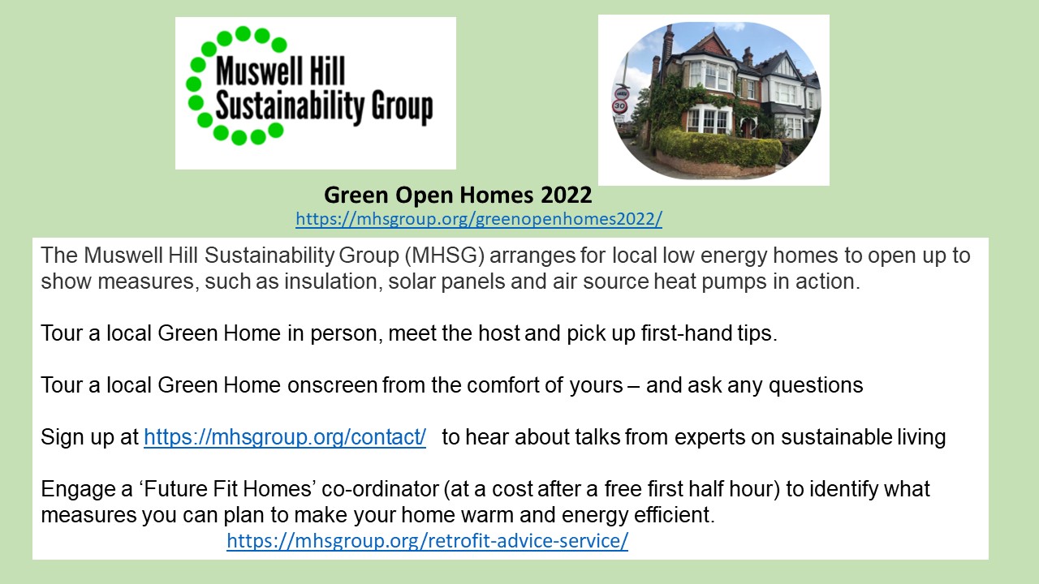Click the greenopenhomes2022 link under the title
[x=479, y=219]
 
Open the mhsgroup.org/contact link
[x=285, y=437]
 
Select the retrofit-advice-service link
[x=427, y=542]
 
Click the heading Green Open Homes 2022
[x=458, y=195]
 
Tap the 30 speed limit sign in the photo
[x=620, y=105]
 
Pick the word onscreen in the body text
[x=333, y=385]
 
